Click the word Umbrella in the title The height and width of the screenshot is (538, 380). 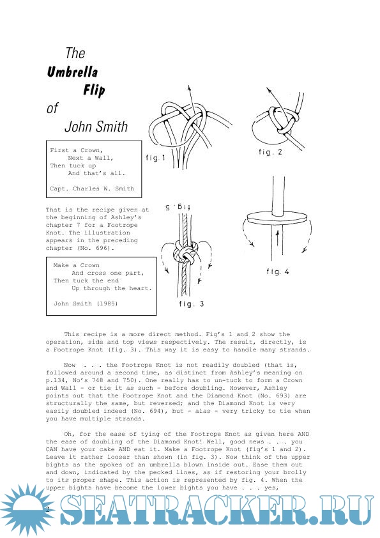click(x=72, y=72)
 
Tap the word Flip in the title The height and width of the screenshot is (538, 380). click(x=94, y=90)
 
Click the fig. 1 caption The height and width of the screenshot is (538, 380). click(x=155, y=157)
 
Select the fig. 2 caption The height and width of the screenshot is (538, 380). click(x=270, y=151)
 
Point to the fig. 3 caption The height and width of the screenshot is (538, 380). click(x=192, y=304)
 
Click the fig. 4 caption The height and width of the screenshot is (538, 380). click(x=278, y=272)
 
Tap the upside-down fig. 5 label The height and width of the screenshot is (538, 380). click(x=178, y=207)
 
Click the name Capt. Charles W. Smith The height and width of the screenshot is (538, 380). click(x=92, y=188)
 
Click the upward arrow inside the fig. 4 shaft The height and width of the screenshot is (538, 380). click(x=277, y=238)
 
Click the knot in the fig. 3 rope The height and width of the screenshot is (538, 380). click(x=186, y=253)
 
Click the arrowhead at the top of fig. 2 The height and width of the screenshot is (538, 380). click(x=268, y=91)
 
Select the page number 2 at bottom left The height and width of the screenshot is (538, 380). click(x=48, y=509)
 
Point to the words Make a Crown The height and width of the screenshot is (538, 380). click(x=76, y=265)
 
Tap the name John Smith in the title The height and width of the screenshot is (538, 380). click(x=96, y=127)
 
